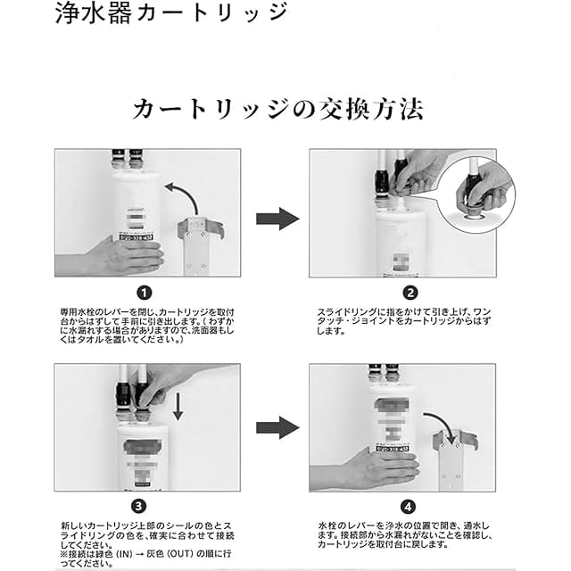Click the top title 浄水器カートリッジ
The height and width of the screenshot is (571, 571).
point(169,14)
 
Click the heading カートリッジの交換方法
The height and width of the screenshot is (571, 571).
point(277,110)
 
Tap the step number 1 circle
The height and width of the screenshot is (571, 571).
point(145,293)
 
